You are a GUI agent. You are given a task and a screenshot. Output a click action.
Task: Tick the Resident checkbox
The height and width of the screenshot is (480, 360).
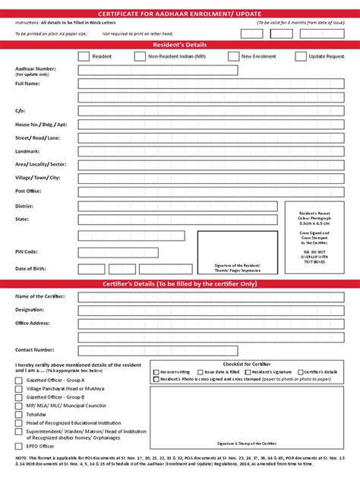[x=84, y=56]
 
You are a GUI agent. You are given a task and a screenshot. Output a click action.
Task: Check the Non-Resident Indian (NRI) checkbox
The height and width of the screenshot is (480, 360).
[x=140, y=56]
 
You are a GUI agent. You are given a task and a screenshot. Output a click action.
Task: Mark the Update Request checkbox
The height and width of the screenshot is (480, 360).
[x=301, y=56]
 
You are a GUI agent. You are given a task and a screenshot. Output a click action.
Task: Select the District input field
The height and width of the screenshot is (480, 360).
[x=178, y=206]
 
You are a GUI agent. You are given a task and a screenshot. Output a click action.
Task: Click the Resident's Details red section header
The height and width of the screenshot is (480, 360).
[x=180, y=46]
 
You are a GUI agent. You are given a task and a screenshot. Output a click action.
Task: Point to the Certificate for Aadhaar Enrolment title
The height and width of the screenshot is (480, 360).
[x=180, y=14]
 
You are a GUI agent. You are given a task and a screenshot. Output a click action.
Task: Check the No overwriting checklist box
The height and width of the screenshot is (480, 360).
[x=156, y=371]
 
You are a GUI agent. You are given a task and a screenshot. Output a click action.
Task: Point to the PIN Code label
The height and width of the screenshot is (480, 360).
[x=27, y=251]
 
